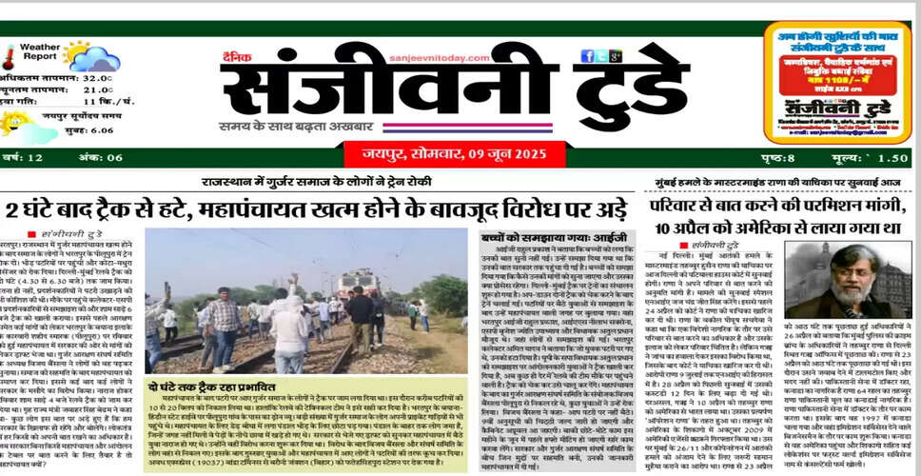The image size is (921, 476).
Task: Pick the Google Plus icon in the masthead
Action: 617,56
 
